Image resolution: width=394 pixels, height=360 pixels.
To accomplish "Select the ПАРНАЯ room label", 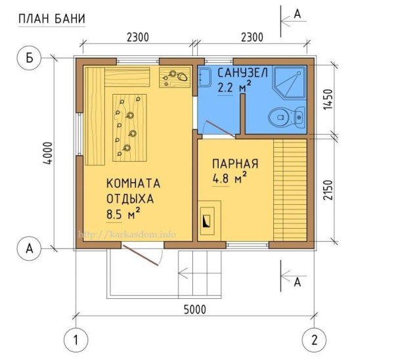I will point(234,164).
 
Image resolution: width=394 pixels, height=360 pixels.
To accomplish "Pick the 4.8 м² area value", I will point(229,177).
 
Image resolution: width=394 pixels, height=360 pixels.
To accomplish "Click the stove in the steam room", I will point(207,221).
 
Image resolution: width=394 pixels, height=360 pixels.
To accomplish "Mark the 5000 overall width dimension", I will point(193,309).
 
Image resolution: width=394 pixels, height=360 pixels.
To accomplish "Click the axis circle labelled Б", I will point(29,59).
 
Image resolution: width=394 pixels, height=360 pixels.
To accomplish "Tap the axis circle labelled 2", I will point(314,340).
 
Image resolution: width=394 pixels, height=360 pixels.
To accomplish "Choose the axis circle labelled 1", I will point(76,340).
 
